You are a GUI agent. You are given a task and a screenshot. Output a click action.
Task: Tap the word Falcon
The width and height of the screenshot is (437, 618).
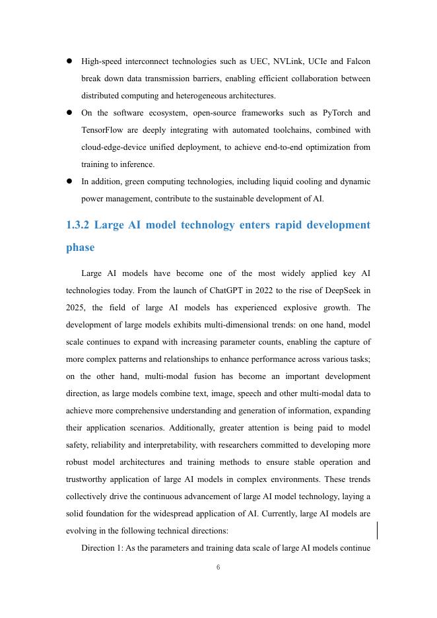tap(358, 61)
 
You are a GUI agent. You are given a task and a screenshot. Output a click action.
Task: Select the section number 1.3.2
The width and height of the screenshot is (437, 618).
tap(78, 225)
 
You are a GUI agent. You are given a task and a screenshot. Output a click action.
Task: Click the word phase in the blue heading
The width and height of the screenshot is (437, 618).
tap(81, 248)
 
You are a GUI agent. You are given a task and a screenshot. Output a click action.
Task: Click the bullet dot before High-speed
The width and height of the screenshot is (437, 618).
tap(69, 61)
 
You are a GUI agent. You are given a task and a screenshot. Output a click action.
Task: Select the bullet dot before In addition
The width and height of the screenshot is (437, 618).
tap(69, 182)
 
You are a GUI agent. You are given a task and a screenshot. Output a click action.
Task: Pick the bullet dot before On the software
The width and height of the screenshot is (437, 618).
tap(69, 113)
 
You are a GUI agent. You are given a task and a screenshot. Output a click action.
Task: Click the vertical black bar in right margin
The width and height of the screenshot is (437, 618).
tap(377, 530)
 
